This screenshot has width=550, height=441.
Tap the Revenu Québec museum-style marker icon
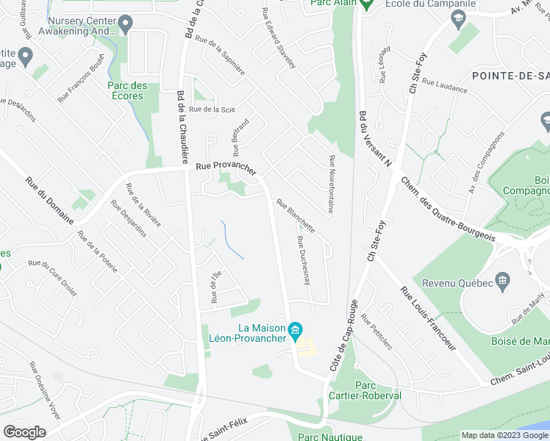coord(503,279)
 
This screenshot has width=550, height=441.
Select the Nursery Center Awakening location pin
coord(125,25)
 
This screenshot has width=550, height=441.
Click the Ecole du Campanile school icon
coord(460,19)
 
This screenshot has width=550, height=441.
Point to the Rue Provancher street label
coord(226,168)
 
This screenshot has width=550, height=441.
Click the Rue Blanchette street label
coord(296,216)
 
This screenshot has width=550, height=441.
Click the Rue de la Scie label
coord(212,110)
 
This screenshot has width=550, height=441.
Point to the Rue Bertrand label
coord(241,137)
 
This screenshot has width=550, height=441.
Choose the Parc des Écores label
coord(127,90)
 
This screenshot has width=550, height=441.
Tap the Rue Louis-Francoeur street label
coord(429,324)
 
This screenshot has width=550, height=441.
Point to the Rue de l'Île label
coord(215,287)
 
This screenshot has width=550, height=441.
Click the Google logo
coord(25,432)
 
